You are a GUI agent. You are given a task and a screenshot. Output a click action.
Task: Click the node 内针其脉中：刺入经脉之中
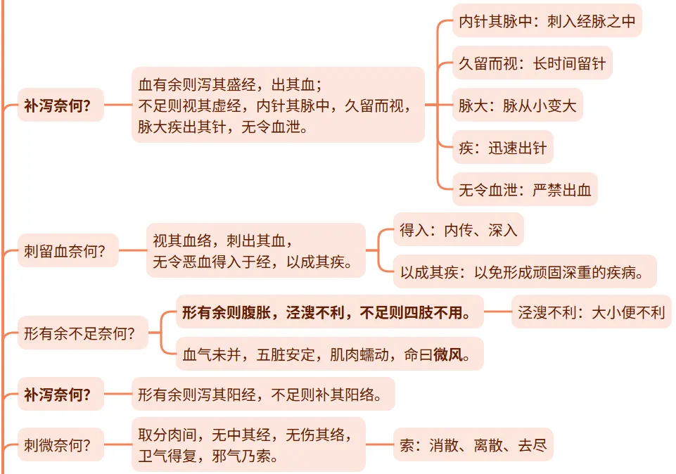pyautogui.click(x=547, y=22)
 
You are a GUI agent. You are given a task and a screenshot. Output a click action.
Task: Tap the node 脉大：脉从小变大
pyautogui.click(x=517, y=106)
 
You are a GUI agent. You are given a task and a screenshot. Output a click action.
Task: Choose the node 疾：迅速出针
pyautogui.click(x=502, y=149)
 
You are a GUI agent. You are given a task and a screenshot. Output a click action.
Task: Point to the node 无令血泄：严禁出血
pyautogui.click(x=524, y=190)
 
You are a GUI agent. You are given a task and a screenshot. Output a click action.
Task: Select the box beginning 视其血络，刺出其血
pyautogui.click(x=256, y=251)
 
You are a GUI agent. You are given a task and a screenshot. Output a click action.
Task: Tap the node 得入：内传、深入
pyautogui.click(x=458, y=230)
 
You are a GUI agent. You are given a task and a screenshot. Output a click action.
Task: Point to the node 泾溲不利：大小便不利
pyautogui.click(x=591, y=312)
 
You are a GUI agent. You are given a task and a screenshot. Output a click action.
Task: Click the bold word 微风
pyautogui.click(x=447, y=354)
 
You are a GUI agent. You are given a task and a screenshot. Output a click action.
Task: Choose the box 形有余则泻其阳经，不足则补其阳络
pyautogui.click(x=263, y=395)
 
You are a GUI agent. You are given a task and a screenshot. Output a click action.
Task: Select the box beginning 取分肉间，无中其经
pyautogui.click(x=248, y=444)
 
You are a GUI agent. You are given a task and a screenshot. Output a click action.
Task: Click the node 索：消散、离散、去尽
pyautogui.click(x=473, y=444)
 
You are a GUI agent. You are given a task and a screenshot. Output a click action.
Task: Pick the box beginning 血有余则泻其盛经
pyautogui.click(x=278, y=105)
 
